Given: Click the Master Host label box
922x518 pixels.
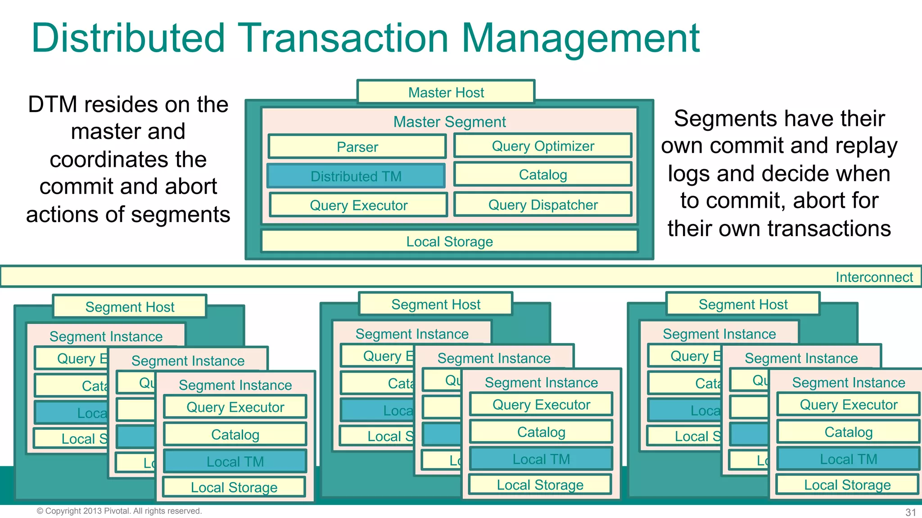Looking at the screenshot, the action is coord(446,92).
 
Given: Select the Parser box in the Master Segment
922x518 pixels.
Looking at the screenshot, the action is coord(357,147).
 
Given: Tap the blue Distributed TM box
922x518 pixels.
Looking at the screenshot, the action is coord(356,176).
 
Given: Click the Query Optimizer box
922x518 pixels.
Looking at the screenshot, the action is coord(542,146).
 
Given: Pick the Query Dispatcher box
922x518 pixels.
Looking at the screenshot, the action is coord(542,205).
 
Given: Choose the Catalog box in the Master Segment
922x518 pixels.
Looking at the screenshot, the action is coord(542,174).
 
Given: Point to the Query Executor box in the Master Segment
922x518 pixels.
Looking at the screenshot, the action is coord(358,205).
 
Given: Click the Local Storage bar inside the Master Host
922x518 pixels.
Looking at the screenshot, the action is coord(449,241).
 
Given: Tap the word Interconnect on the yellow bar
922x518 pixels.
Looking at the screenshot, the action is coord(874,277).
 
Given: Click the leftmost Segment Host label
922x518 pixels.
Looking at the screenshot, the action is coord(130,307).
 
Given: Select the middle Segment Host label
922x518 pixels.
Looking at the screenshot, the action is coord(435,304).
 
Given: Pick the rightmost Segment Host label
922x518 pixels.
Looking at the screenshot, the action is coord(743,304).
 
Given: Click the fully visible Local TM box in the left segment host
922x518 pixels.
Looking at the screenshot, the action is coord(235,461).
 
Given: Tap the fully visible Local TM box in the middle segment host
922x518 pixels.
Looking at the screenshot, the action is coord(541,459).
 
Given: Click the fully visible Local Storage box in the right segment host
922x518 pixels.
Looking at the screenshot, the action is coord(847,485).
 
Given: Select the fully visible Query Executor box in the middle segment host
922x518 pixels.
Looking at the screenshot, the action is coord(541,405).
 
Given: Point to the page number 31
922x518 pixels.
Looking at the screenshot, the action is coord(910,512).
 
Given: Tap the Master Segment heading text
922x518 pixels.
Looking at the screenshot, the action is coord(449,121).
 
